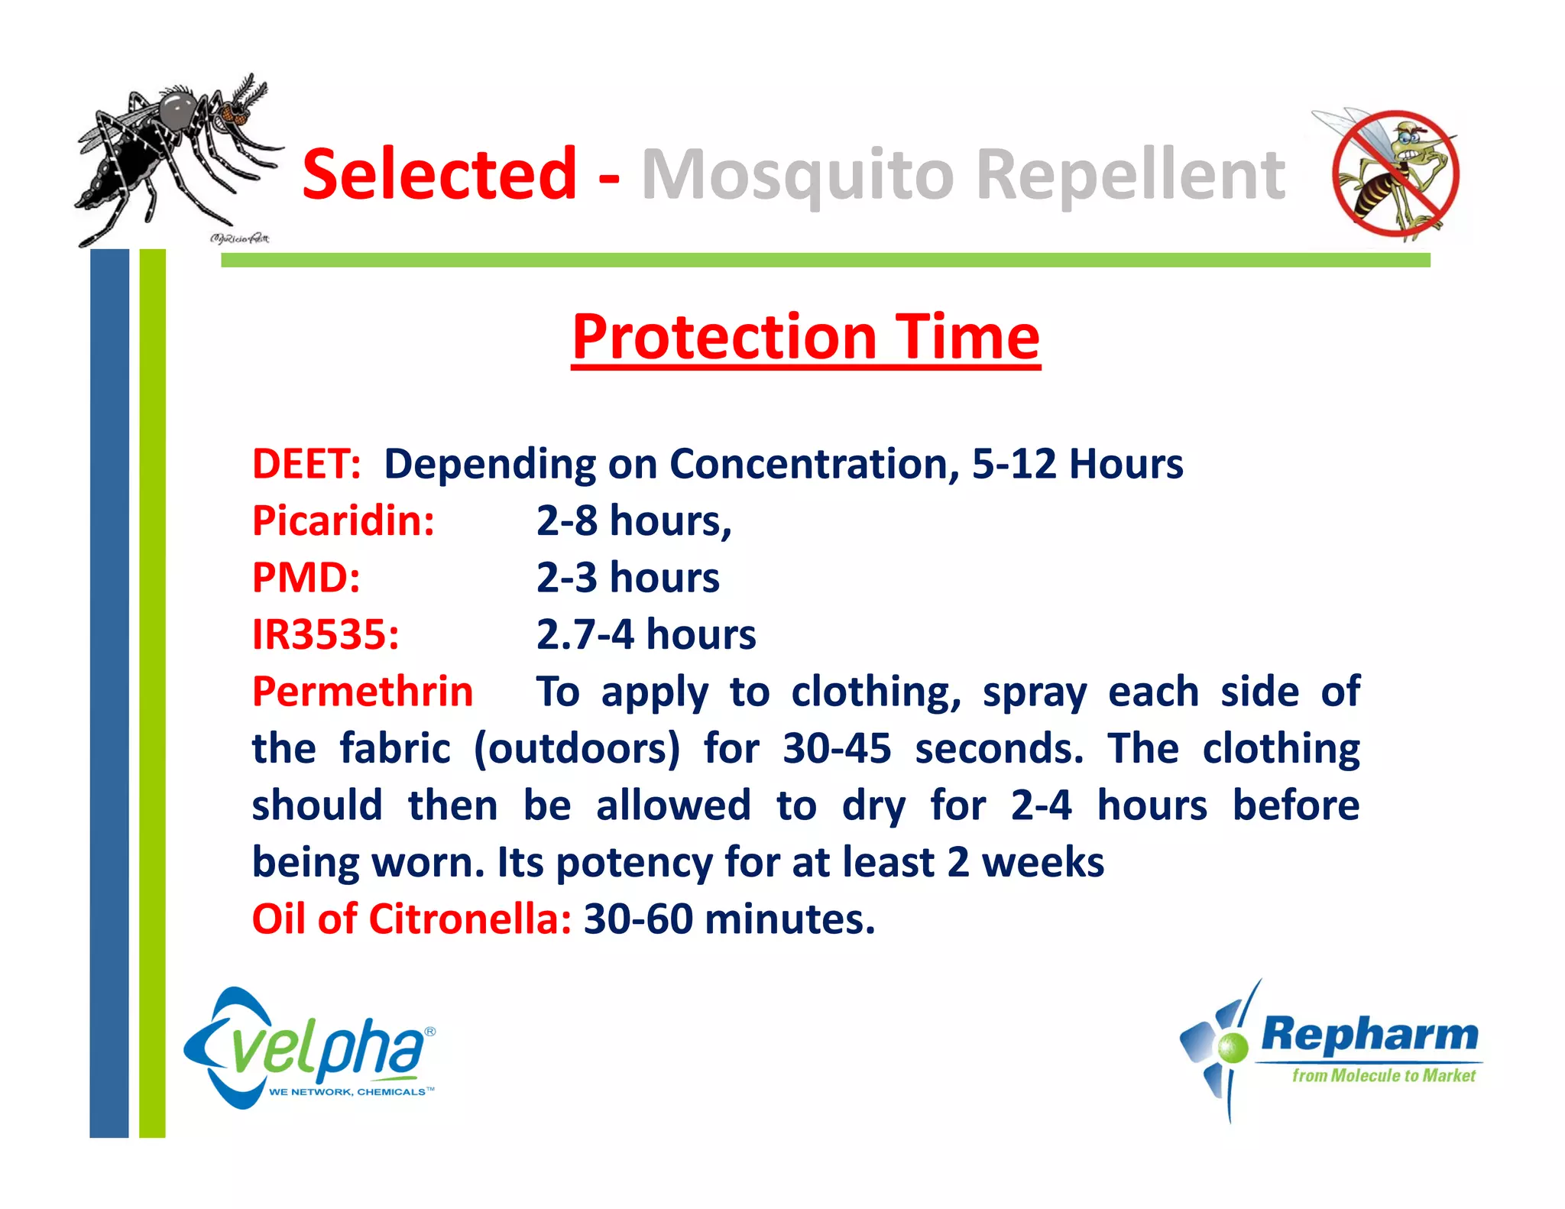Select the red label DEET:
click(x=306, y=464)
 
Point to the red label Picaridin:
click(x=343, y=521)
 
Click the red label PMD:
click(x=306, y=578)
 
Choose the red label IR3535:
click(x=326, y=635)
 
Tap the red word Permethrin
click(x=362, y=692)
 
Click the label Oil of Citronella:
click(x=411, y=919)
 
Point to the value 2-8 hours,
click(x=633, y=521)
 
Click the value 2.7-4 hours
click(x=646, y=635)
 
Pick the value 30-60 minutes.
click(x=729, y=919)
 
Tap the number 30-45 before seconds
click(x=837, y=748)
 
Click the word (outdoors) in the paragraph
click(x=576, y=748)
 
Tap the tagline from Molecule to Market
click(x=1383, y=1076)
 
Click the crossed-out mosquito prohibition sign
click(x=1395, y=174)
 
